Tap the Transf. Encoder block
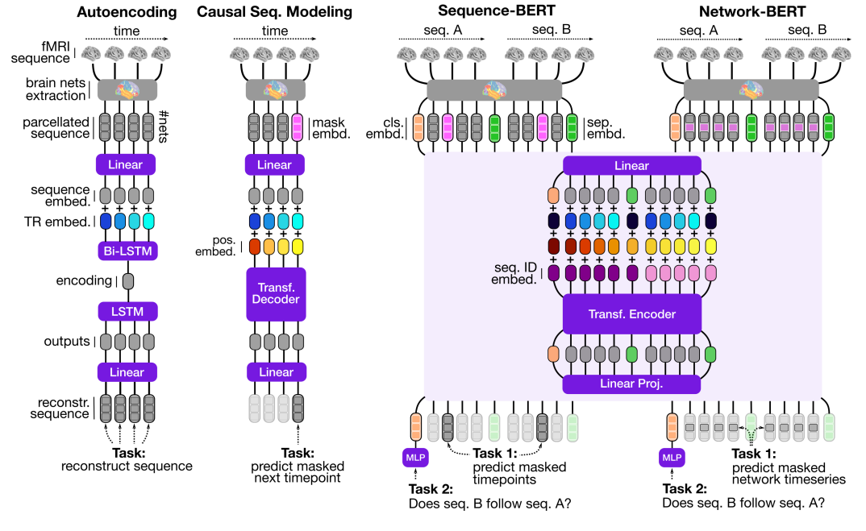(x=631, y=314)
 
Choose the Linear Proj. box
(x=631, y=384)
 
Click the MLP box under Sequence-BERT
(x=416, y=458)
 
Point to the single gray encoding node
(x=126, y=280)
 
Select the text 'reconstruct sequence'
(x=127, y=465)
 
